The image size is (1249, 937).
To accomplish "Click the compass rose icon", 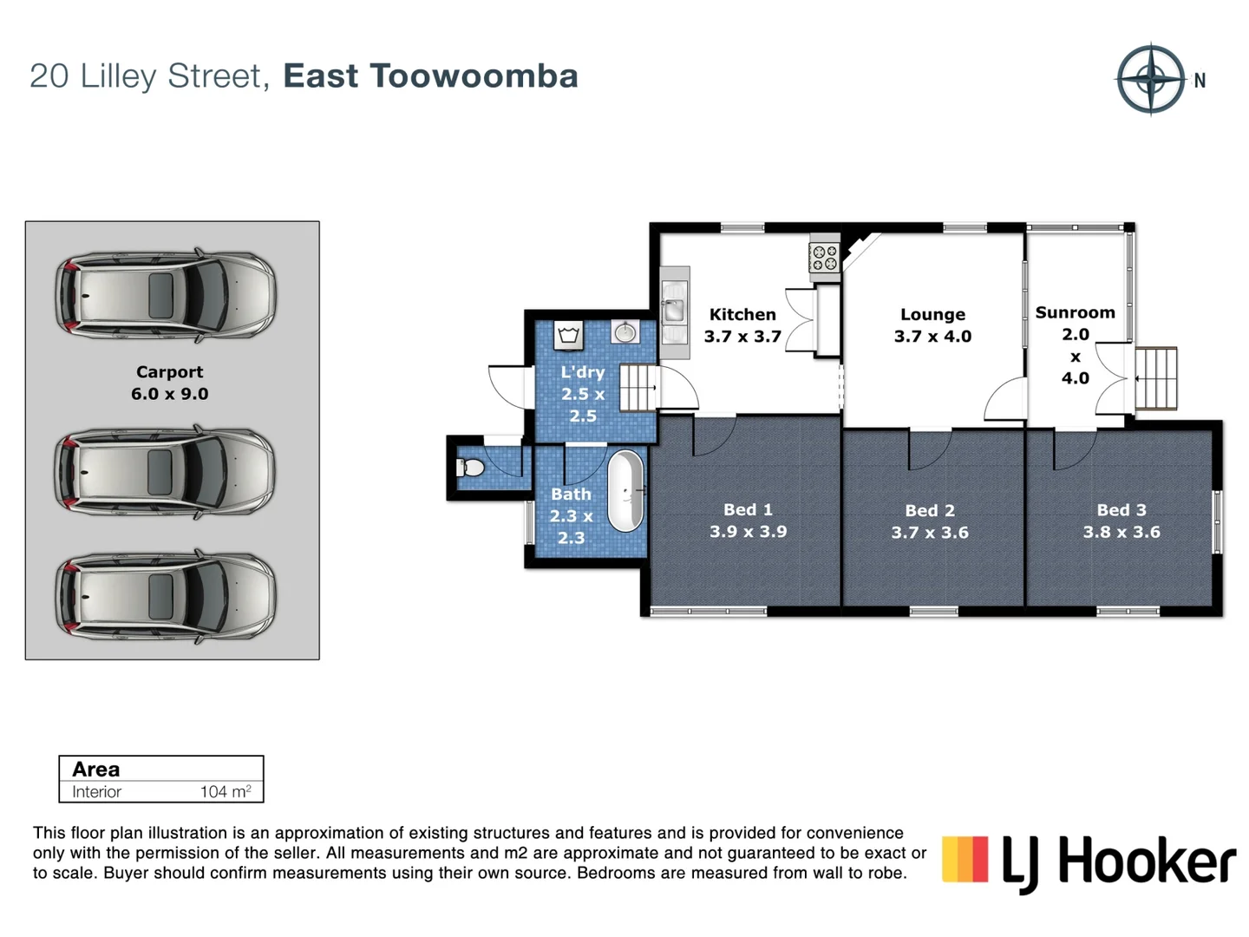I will (1150, 79).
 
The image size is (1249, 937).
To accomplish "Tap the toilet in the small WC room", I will (469, 468).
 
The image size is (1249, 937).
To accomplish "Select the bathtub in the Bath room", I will (625, 491).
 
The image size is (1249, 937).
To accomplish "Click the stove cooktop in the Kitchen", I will (823, 257).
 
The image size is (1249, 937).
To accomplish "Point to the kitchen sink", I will (673, 308).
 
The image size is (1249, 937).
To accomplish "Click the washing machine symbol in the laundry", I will (568, 335).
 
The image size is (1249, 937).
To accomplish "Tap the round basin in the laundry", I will (625, 331).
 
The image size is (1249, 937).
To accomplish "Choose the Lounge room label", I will (932, 315).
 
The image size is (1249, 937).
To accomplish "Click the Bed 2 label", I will (930, 511).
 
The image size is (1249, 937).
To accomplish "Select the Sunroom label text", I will (1075, 312).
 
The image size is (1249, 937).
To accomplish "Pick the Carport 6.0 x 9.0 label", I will (170, 383).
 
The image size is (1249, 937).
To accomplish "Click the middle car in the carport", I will (165, 472).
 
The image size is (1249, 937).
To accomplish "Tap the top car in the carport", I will (165, 295).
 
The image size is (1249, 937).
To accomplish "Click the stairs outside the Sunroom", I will (1156, 378).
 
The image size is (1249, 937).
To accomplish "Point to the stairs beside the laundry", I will (638, 388).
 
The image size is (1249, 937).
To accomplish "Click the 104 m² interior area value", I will (226, 791).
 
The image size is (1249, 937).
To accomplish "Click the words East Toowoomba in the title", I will (430, 76).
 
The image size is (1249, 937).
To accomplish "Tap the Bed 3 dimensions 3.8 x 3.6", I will (1121, 532).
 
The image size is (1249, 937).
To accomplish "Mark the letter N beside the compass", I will (1200, 81).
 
